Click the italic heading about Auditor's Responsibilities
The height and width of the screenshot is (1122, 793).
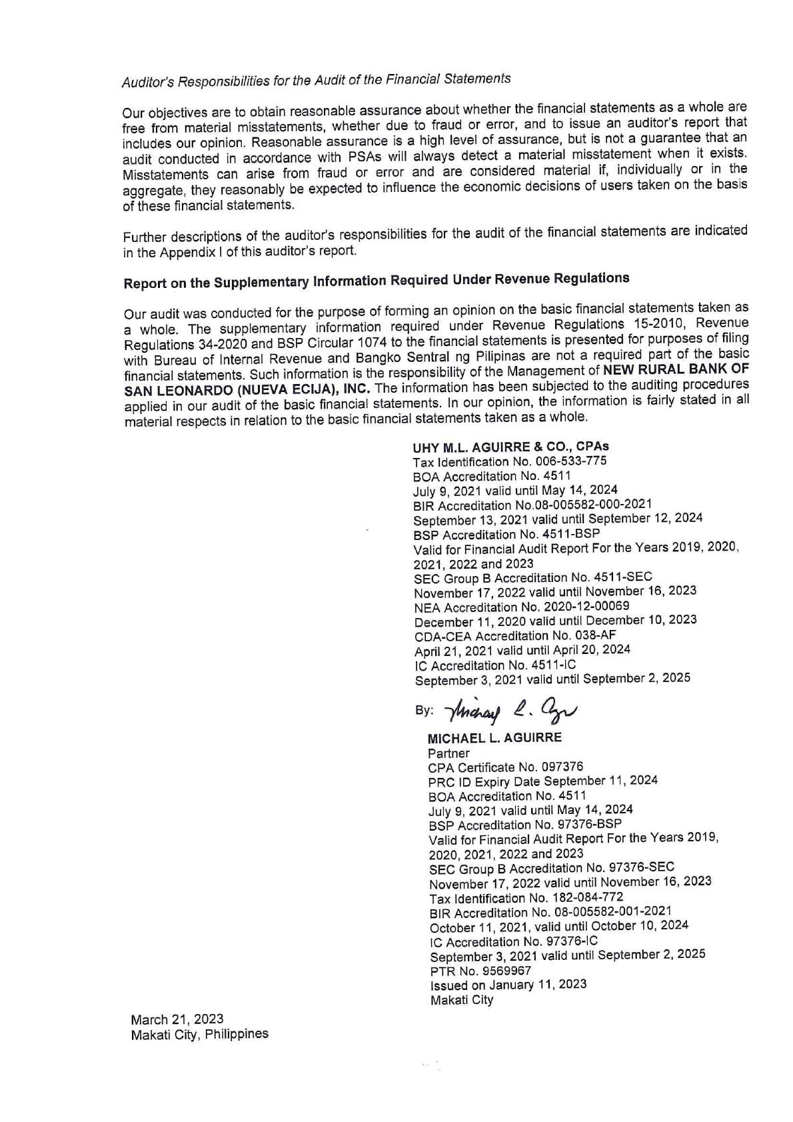[x=316, y=80]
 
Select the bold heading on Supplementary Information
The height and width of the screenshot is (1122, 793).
[x=376, y=281]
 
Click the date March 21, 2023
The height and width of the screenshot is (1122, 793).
[x=177, y=1019]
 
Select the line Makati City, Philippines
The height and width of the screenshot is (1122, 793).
[x=200, y=1035]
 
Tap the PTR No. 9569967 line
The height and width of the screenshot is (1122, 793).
[x=480, y=970]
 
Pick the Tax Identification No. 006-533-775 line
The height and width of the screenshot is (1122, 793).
[x=510, y=461]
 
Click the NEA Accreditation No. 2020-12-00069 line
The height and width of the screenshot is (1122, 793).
[x=522, y=607]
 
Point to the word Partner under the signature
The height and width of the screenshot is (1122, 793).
[x=448, y=753]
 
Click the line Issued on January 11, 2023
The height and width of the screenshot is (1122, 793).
[x=508, y=985]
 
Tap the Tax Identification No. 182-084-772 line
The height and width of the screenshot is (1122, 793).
[x=526, y=897]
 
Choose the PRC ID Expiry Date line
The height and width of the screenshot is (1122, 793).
[x=543, y=781]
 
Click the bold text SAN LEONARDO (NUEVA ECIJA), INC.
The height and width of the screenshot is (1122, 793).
[x=247, y=390]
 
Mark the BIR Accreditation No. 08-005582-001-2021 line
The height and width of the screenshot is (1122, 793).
[x=550, y=911]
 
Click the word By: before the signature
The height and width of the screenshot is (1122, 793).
[x=423, y=710]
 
